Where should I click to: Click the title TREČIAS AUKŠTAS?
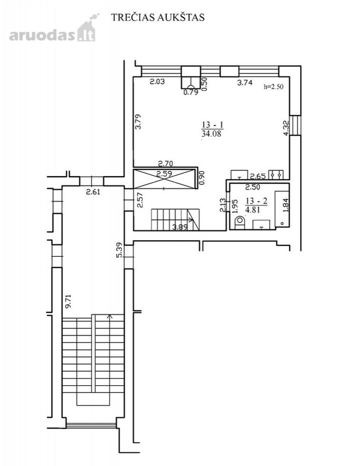pyautogui.click(x=158, y=17)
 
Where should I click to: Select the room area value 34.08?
pyautogui.click(x=212, y=134)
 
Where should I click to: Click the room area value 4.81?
pyautogui.click(x=253, y=210)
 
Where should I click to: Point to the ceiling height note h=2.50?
pyautogui.click(x=274, y=87)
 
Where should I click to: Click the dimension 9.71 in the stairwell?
pyautogui.click(x=69, y=301)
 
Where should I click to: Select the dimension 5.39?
pyautogui.click(x=119, y=251)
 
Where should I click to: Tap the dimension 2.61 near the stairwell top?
pyautogui.click(x=93, y=192)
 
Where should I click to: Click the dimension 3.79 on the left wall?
pyautogui.click(x=138, y=122)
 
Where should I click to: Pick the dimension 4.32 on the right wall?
pyautogui.click(x=286, y=128)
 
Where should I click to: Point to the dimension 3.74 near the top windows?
pyautogui.click(x=245, y=83)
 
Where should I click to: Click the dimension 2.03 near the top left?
pyautogui.click(x=157, y=81)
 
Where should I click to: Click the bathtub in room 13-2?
pyautogui.click(x=282, y=210)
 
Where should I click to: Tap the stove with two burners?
pyautogui.click(x=276, y=175)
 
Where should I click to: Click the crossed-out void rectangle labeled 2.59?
pyautogui.click(x=164, y=179)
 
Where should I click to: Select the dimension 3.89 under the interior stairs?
pyautogui.click(x=180, y=227)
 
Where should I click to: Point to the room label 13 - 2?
pyautogui.click(x=257, y=201)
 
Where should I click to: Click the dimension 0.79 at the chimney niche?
pyautogui.click(x=191, y=92)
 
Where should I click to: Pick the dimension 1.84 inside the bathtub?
pyautogui.click(x=286, y=205)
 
